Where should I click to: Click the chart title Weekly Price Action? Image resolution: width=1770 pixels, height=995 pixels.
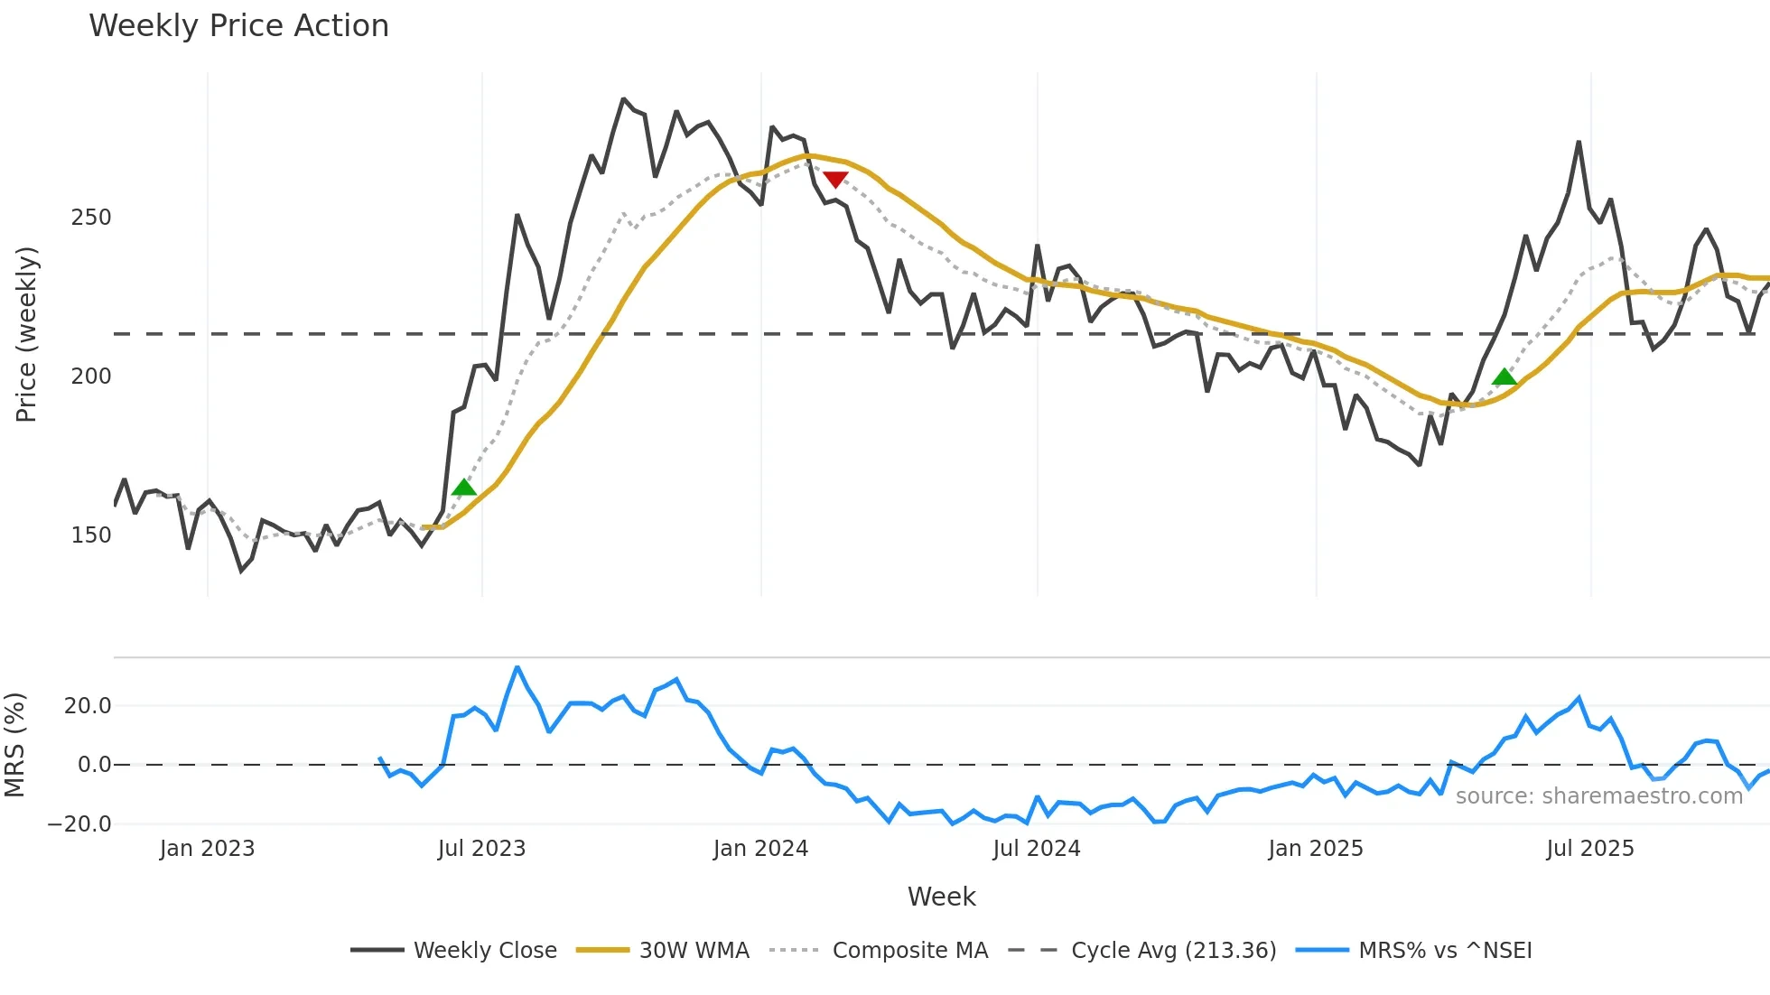pos(238,26)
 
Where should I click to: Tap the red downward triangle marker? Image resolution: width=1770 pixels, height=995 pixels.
pos(835,180)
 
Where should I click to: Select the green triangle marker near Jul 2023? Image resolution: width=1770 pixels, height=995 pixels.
pos(463,488)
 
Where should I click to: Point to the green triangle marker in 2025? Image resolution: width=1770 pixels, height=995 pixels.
pos(1504,377)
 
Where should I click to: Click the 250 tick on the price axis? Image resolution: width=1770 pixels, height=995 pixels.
pos(90,218)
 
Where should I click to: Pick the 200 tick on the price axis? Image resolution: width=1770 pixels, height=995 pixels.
pos(90,377)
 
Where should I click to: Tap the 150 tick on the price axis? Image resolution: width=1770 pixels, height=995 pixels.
pos(90,535)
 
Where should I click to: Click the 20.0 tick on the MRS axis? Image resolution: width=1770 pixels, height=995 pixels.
pos(88,706)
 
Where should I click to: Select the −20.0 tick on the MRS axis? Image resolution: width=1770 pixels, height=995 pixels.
pos(80,824)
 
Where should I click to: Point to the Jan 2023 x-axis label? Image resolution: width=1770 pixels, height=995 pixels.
pos(207,849)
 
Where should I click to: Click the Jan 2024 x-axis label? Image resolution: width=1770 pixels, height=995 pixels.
pos(760,849)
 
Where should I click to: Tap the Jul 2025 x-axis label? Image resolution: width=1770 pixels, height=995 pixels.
pos(1589,849)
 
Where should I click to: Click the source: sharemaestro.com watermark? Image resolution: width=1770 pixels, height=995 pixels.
pos(1598,796)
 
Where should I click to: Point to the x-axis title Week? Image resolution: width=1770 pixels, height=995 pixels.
pos(941,897)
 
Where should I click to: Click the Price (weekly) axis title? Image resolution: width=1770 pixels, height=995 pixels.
pos(26,334)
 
